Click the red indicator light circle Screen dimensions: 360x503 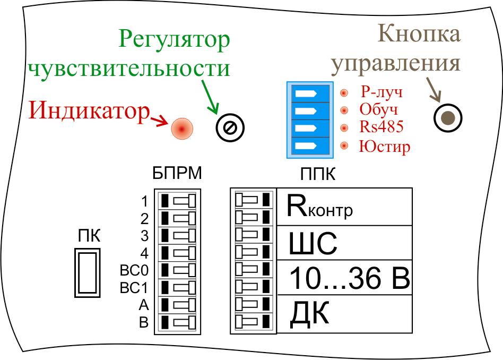point(181,128)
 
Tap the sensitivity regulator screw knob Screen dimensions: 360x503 point(230,127)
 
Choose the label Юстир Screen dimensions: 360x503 point(384,145)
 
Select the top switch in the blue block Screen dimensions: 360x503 point(309,93)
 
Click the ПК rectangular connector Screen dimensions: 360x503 point(87,273)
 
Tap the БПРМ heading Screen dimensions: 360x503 point(177,174)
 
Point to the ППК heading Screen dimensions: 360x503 point(318,175)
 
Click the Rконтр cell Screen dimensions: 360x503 point(345,207)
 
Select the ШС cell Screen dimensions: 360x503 point(345,244)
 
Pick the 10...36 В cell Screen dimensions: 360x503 point(345,280)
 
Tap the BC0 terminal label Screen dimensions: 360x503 point(134,271)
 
